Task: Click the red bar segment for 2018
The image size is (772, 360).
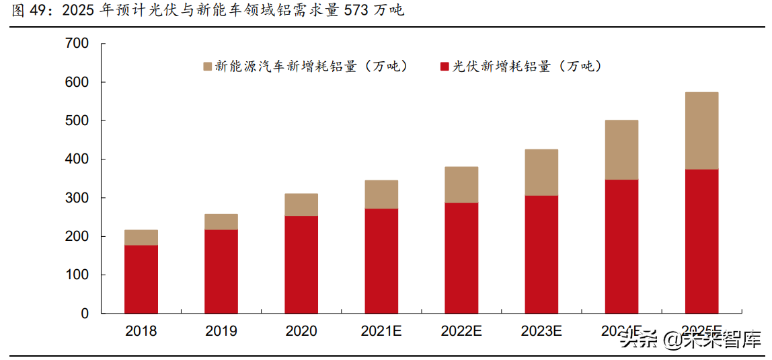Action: [141, 279]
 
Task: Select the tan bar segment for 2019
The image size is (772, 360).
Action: [221, 222]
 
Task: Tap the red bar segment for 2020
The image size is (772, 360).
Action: [301, 264]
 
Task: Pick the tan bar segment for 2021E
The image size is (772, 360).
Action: [381, 194]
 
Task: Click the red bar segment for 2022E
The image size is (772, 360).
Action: [461, 258]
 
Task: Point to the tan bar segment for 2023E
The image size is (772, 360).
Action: [541, 172]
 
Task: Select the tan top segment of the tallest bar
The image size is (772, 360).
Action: [701, 131]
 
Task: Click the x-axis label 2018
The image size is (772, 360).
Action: [141, 331]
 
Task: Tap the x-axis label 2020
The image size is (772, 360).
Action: [301, 331]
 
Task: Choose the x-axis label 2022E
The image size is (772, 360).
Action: [461, 331]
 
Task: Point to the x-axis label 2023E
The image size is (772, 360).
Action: [541, 331]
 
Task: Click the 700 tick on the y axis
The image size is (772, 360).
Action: [77, 44]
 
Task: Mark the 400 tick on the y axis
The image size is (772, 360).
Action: [77, 159]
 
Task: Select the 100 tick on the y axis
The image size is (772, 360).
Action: [77, 275]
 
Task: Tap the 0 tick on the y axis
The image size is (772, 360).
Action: [85, 314]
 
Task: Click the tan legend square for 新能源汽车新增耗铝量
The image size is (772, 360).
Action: [207, 66]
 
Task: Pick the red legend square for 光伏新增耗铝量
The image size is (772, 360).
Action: [444, 66]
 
